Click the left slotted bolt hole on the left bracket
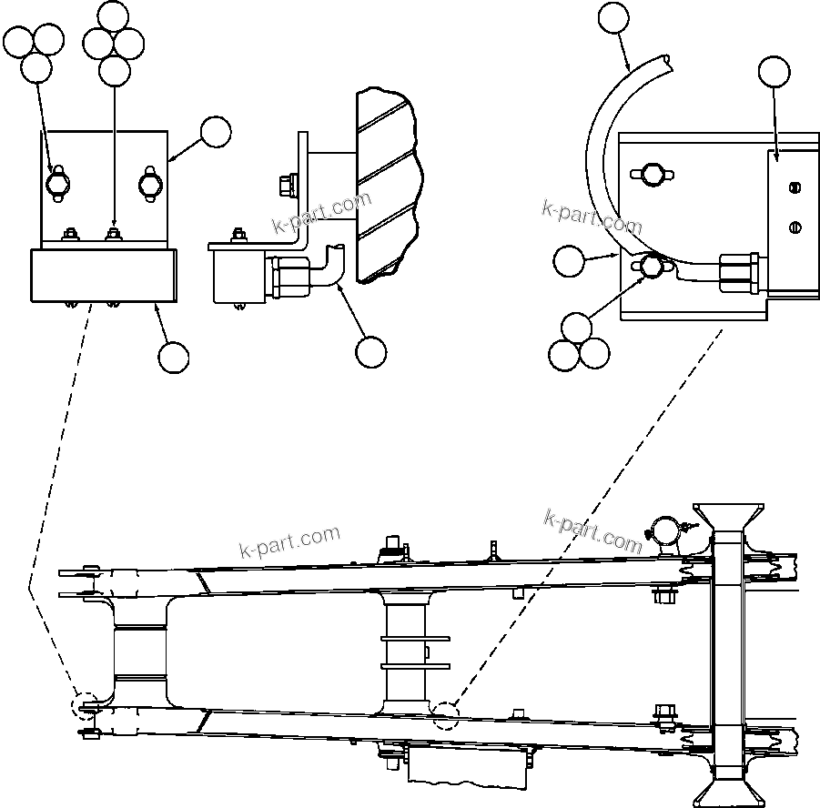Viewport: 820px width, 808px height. [x=58, y=183]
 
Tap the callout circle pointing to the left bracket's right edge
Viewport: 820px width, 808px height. [x=216, y=132]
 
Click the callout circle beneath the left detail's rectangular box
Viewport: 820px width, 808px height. [x=173, y=357]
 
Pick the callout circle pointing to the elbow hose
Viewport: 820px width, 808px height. [x=371, y=352]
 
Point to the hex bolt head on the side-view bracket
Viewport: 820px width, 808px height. [x=285, y=186]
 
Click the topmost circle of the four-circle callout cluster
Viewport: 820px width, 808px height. [x=113, y=15]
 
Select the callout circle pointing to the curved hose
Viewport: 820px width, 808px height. [x=612, y=17]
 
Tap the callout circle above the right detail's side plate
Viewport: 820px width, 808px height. [x=774, y=72]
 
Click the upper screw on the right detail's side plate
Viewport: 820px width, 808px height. [x=793, y=188]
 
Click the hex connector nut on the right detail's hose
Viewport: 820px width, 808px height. [x=737, y=273]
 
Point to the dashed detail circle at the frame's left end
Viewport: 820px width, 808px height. [x=87, y=707]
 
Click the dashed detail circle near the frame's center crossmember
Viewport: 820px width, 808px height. [x=446, y=715]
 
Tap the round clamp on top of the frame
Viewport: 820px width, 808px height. [x=663, y=530]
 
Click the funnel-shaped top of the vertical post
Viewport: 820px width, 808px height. [x=728, y=516]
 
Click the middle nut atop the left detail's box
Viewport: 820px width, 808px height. [x=114, y=236]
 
